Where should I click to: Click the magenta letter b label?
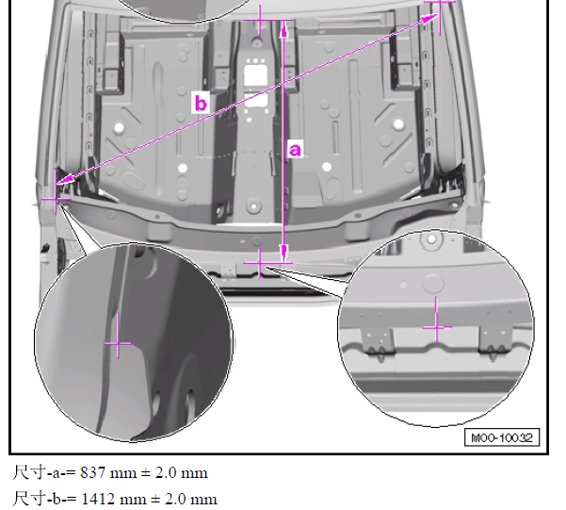pyautogui.click(x=201, y=103)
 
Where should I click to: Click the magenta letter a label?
pyautogui.click(x=295, y=149)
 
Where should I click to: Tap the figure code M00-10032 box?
pyautogui.click(x=502, y=437)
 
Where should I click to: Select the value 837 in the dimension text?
pyautogui.click(x=93, y=473)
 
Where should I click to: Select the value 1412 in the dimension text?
pyautogui.click(x=96, y=499)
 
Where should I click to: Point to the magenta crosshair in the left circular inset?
pyautogui.click(x=119, y=343)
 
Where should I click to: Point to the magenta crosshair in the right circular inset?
pyautogui.click(x=436, y=327)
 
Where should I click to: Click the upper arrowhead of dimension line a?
pyautogui.click(x=284, y=29)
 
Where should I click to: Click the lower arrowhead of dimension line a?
pyautogui.click(x=284, y=253)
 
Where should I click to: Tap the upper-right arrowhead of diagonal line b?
pyautogui.click(x=429, y=18)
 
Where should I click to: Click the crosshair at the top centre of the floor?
pyautogui.click(x=260, y=20)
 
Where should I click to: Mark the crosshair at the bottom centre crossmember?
pyautogui.click(x=260, y=264)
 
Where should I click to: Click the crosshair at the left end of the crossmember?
pyautogui.click(x=56, y=198)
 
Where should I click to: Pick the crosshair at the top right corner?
pyautogui.click(x=440, y=2)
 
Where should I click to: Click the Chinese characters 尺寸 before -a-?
pyautogui.click(x=29, y=473)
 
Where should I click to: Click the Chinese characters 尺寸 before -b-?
pyautogui.click(x=29, y=499)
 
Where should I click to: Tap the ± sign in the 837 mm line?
pyautogui.click(x=145, y=473)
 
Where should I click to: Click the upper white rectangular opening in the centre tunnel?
pyautogui.click(x=255, y=75)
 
